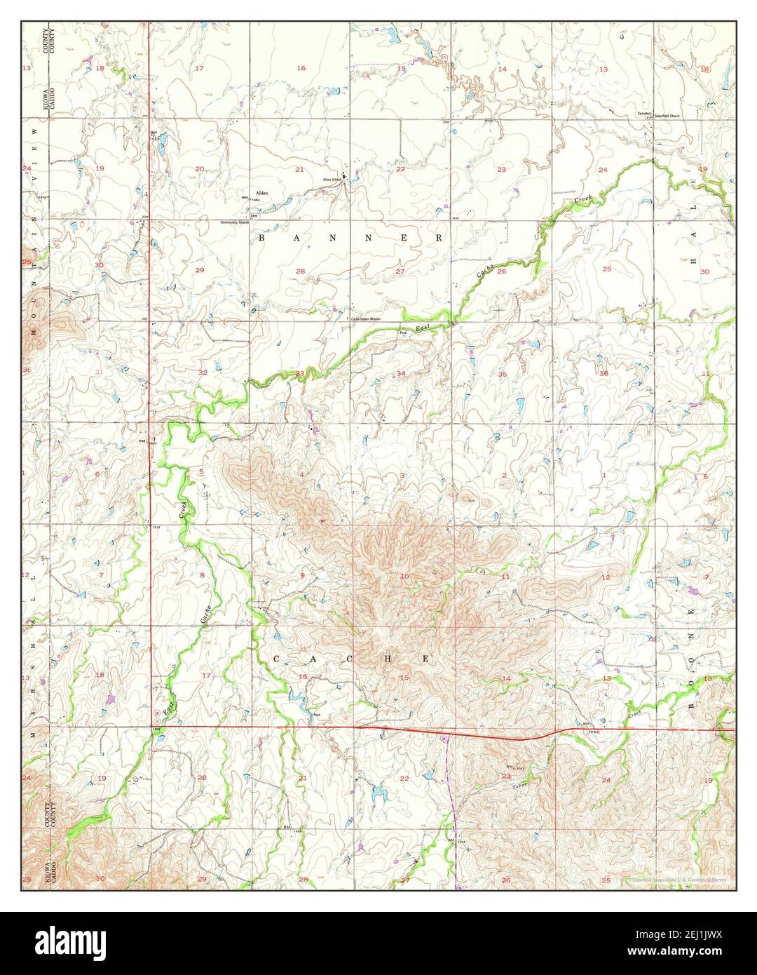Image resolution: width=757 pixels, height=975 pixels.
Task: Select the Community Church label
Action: click(x=235, y=222)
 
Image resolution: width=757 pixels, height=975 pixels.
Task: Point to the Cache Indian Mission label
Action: click(x=365, y=318)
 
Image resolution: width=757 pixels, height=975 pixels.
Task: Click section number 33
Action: click(x=300, y=373)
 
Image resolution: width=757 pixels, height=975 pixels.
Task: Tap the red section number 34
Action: click(x=401, y=373)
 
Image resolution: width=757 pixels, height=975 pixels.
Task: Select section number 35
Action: click(x=502, y=374)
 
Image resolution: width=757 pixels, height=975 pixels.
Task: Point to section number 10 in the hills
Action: click(x=404, y=577)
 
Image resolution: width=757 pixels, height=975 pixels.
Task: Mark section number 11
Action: click(x=505, y=577)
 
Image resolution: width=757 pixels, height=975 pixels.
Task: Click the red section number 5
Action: click(x=201, y=471)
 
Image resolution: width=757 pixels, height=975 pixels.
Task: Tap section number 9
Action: click(x=303, y=576)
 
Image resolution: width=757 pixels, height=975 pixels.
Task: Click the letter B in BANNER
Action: click(x=263, y=238)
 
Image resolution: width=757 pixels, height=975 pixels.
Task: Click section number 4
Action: click(x=302, y=475)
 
